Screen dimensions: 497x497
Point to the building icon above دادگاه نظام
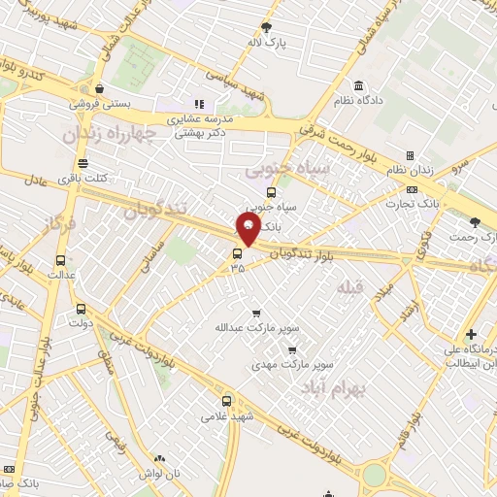[359, 85]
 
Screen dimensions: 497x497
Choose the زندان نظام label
[426, 171]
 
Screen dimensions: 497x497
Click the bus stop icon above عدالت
[61, 260]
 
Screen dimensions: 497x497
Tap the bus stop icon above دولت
[80, 310]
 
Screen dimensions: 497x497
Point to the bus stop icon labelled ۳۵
[236, 254]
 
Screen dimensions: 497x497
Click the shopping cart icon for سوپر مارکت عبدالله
[256, 313]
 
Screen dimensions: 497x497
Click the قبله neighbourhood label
[349, 288]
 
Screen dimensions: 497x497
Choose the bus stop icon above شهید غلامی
[226, 401]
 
